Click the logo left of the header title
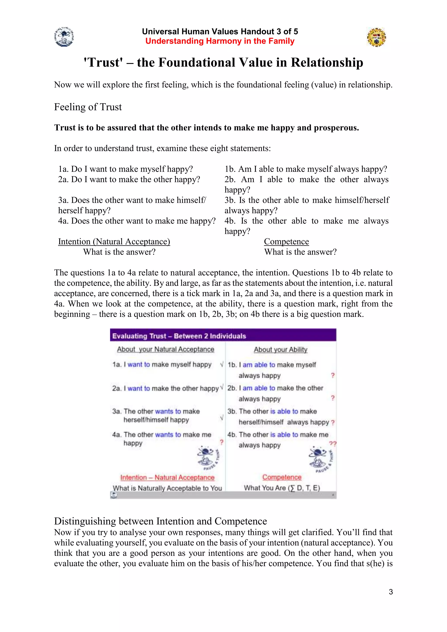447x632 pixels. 64,37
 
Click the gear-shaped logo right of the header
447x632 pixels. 376,37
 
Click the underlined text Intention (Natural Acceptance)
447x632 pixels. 114,242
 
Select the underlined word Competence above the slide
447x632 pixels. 286,242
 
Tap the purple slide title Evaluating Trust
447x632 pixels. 179,336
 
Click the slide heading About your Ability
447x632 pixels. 280,350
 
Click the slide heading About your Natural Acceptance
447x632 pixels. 165,349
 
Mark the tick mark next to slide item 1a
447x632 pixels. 222,364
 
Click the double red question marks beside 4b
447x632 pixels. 332,444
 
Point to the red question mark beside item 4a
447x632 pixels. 221,442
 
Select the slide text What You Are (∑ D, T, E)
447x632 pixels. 282,488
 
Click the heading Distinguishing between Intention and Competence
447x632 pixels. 160,521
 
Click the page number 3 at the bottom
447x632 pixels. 390,592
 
